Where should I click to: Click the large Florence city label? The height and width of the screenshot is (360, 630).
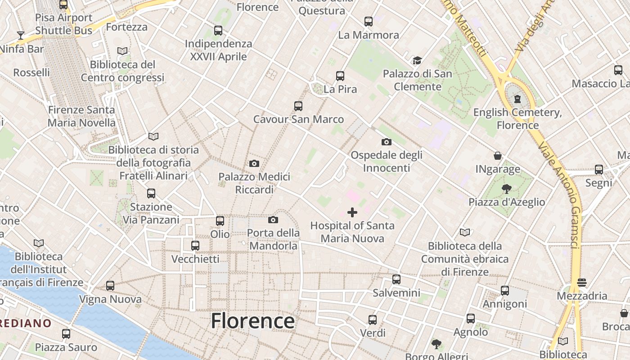click(252, 321)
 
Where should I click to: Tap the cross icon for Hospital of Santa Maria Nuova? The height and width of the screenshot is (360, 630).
click(352, 212)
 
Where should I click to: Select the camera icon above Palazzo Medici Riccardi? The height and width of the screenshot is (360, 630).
click(254, 163)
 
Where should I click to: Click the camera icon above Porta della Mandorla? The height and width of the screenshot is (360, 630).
click(273, 220)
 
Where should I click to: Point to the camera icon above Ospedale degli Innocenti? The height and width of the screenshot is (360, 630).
click(386, 142)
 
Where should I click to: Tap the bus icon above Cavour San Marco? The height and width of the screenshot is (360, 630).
click(298, 106)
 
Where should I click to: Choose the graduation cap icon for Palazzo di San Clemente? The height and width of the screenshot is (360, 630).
click(417, 60)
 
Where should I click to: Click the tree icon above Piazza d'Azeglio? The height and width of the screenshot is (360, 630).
click(507, 189)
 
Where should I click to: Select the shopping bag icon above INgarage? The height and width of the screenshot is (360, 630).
click(498, 156)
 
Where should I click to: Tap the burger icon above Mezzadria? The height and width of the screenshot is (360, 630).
click(582, 283)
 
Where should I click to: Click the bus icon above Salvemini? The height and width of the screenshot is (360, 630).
click(396, 279)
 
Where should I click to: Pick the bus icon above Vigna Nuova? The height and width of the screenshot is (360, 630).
click(110, 286)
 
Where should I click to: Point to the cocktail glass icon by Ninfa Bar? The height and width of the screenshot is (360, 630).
click(20, 35)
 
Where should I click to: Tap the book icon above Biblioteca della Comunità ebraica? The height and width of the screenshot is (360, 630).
click(465, 232)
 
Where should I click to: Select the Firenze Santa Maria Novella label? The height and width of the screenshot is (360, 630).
click(81, 116)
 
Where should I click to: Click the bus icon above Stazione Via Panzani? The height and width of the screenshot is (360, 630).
click(151, 193)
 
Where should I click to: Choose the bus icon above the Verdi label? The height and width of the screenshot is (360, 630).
click(373, 320)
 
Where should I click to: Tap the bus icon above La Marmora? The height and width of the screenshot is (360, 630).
click(369, 21)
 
